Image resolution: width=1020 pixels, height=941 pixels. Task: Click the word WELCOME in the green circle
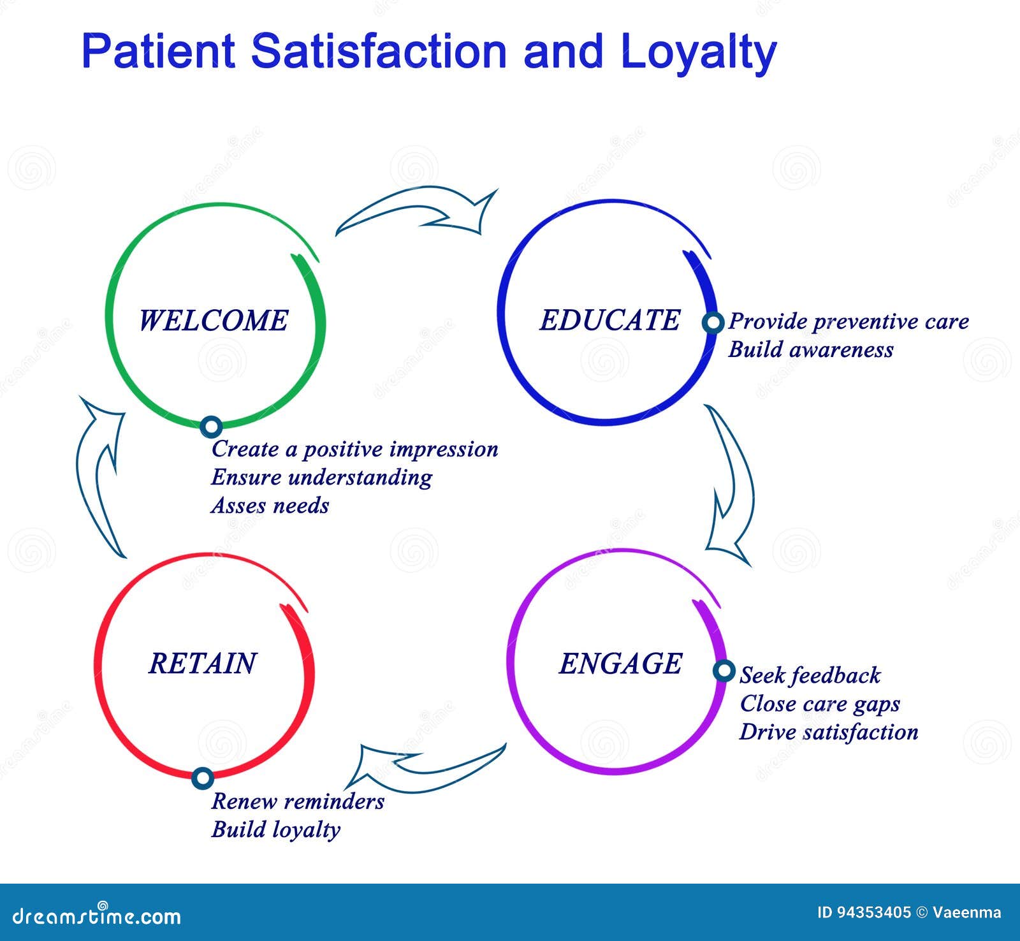point(213,320)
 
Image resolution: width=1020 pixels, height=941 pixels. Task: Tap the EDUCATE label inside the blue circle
point(609,320)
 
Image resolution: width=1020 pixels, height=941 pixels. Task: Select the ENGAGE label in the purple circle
point(620,664)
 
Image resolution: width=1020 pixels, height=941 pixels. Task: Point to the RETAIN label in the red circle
point(202,663)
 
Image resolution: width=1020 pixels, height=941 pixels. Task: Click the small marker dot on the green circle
point(211,427)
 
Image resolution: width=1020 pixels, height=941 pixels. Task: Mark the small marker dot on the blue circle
point(713,323)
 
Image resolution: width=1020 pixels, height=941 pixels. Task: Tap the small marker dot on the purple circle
point(724,671)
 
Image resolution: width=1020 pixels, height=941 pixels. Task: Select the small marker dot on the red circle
point(203,778)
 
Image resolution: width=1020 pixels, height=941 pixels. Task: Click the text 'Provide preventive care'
point(848,321)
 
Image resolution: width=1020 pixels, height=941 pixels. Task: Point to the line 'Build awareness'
point(810,350)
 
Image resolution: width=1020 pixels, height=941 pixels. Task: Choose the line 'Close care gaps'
point(819,704)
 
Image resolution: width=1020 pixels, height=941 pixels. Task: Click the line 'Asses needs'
point(270,506)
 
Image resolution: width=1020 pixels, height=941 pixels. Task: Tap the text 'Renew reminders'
point(297,801)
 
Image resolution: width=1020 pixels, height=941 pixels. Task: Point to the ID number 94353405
point(864,912)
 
